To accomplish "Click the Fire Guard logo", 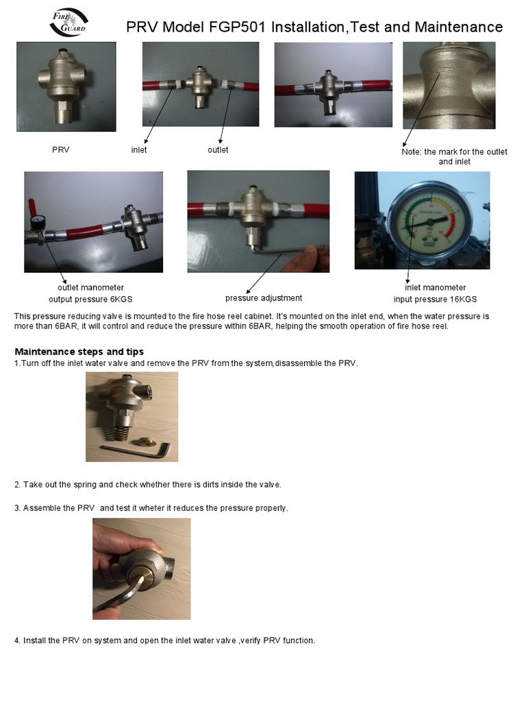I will [68, 23].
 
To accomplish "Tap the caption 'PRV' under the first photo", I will [61, 149].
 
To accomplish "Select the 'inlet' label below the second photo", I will [139, 149].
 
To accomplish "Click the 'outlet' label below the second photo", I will [218, 149].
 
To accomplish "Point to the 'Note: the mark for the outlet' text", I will [454, 152].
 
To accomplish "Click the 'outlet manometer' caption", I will [90, 288].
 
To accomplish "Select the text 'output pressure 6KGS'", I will [90, 300].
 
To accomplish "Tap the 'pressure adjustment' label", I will [264, 298].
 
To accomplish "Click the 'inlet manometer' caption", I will [435, 288].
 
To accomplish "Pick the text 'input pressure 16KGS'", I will [435, 300].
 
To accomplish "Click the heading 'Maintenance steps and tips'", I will [79, 352].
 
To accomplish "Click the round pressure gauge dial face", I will [429, 220].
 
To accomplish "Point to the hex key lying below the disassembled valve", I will [137, 450].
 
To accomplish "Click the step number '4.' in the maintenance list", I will [17, 641].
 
